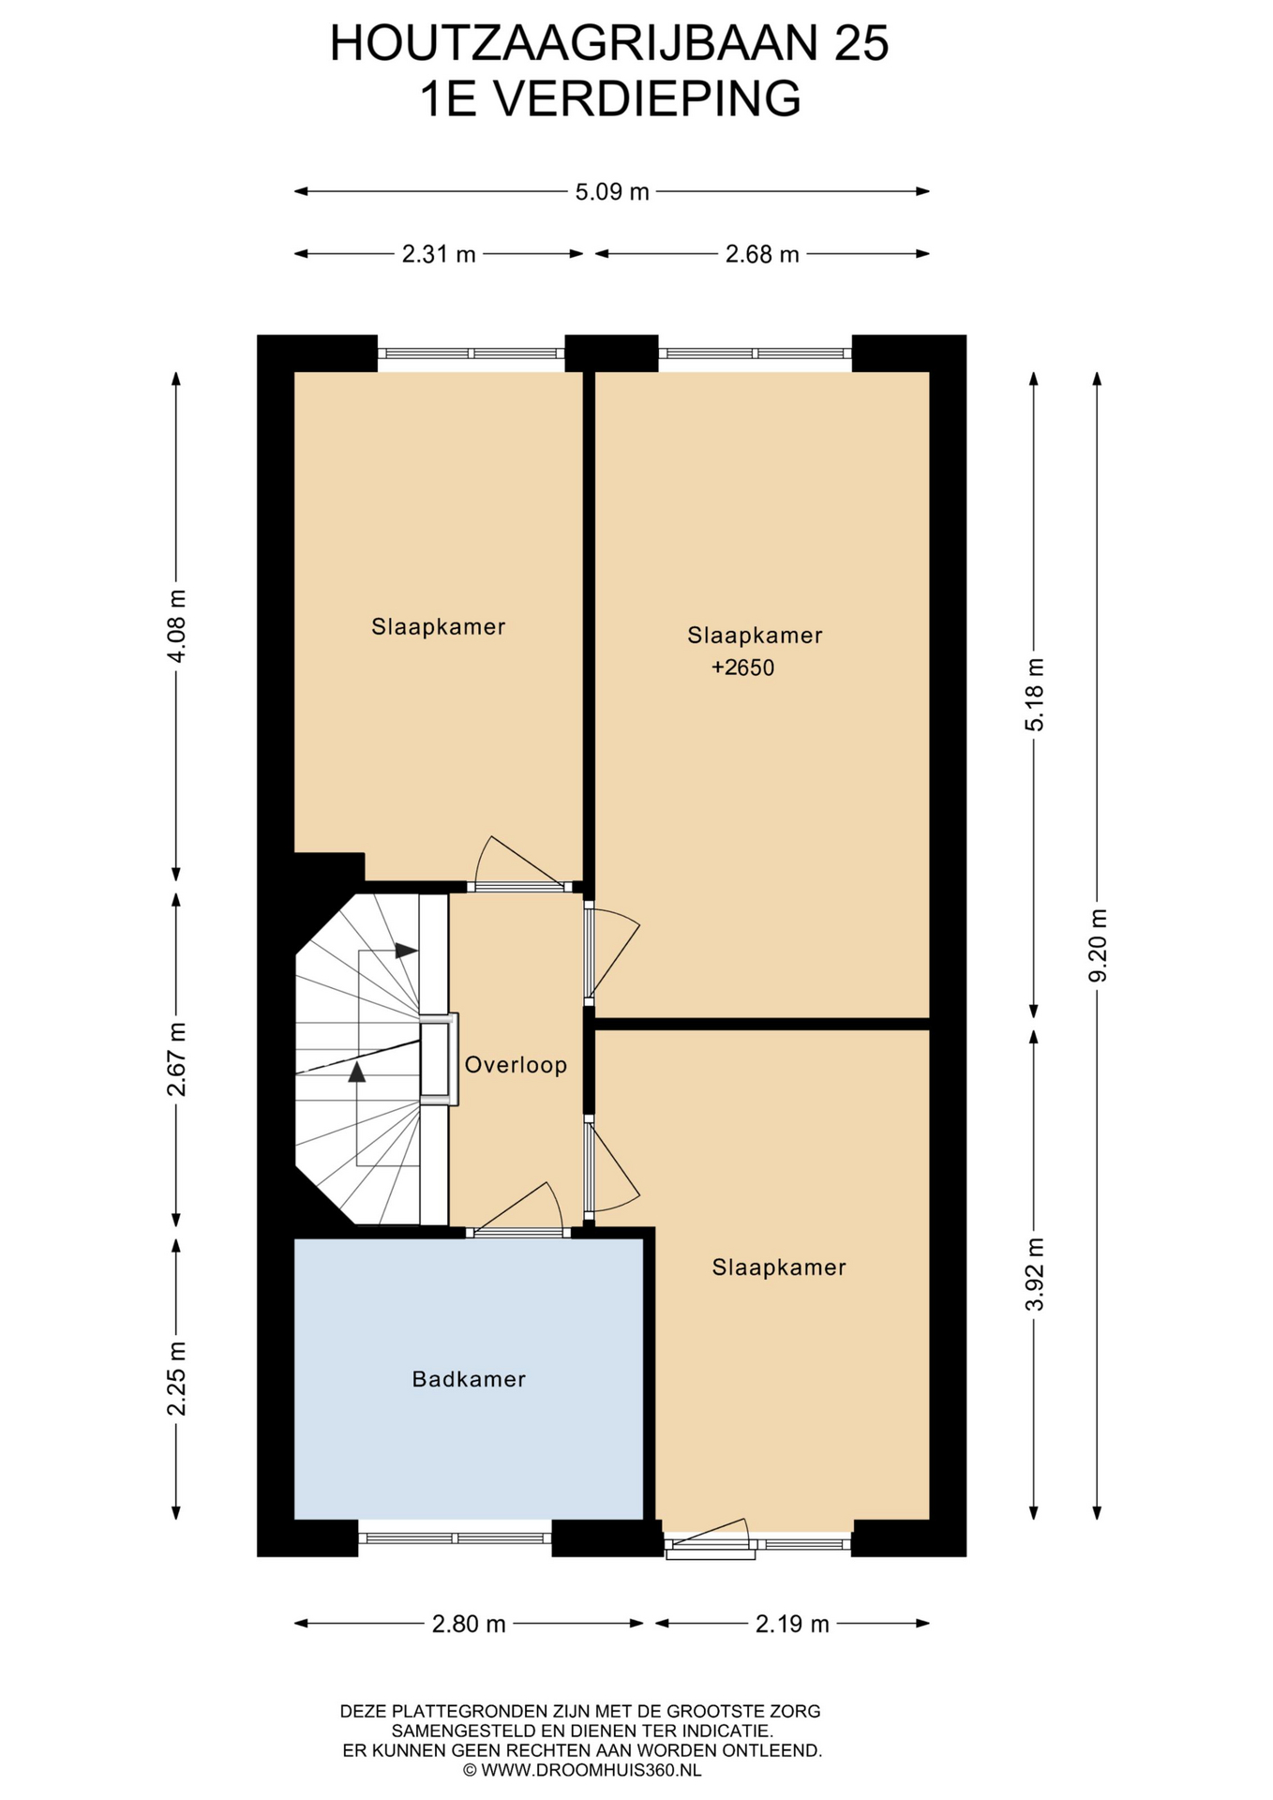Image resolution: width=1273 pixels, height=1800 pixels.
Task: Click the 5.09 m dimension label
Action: (612, 192)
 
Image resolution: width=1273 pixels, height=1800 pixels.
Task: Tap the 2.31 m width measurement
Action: (439, 254)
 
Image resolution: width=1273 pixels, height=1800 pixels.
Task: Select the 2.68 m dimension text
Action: (762, 254)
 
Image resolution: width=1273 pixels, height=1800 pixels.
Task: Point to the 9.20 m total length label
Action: (1098, 945)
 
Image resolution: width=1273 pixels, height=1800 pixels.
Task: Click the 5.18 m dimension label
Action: (1034, 695)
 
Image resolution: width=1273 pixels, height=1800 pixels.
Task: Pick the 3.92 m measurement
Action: (1034, 1274)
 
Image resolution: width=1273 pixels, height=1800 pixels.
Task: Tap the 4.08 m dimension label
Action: (176, 626)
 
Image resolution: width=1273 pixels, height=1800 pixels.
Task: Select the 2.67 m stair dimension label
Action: (176, 1059)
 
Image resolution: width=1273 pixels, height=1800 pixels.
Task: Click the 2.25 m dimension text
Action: (176, 1378)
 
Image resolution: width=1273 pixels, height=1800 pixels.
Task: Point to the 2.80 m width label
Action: (469, 1624)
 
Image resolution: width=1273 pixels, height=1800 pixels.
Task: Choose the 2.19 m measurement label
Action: (792, 1624)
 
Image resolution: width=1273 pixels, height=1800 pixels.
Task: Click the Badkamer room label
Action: (469, 1379)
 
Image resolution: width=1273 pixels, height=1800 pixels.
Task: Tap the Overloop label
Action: (516, 1065)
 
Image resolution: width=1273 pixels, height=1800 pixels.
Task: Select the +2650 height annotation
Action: (742, 668)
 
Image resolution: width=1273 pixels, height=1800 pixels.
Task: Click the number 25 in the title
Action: (861, 43)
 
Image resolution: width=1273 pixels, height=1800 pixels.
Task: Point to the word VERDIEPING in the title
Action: (648, 99)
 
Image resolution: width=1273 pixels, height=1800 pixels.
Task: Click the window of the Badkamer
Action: (455, 1538)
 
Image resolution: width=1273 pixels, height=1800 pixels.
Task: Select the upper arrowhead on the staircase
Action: (406, 951)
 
